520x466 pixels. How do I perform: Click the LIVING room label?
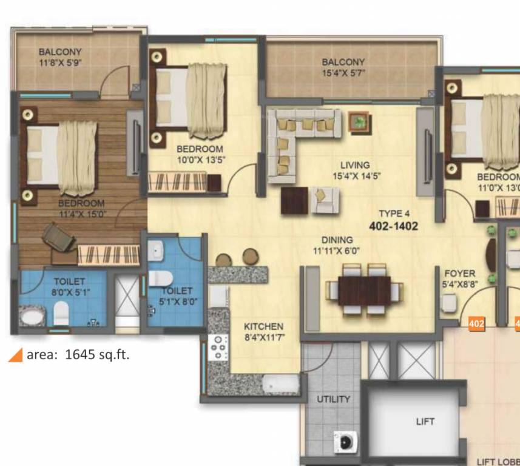pos(355,165)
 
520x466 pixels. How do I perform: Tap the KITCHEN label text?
pos(263,326)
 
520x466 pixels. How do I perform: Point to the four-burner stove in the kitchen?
pos(218,348)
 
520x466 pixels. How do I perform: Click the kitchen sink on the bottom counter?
pos(279,383)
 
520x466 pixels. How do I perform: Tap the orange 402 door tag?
pos(477,324)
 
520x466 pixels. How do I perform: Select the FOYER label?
pos(459,274)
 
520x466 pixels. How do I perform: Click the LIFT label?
pos(425,421)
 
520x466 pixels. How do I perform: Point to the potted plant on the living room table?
pos(360,121)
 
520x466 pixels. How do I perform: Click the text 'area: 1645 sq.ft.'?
pos(78,354)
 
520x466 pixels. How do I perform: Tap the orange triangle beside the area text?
pos(15,355)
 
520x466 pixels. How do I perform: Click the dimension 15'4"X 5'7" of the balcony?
pos(343,73)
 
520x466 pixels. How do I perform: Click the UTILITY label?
pos(333,399)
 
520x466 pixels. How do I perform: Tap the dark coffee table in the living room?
pos(295,200)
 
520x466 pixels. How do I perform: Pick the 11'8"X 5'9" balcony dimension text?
pos(59,62)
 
